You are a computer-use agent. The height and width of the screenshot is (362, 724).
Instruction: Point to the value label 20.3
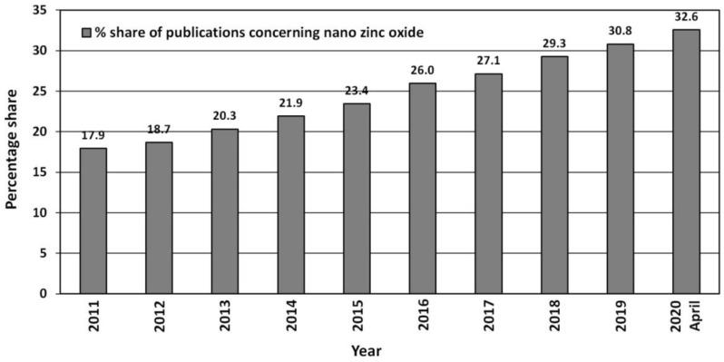[x=224, y=119]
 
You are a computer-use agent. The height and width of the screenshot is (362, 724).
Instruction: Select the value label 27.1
[x=488, y=64]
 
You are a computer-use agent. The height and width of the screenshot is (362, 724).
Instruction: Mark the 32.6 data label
[x=686, y=19]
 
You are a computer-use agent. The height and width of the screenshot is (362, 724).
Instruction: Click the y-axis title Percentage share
[x=13, y=151]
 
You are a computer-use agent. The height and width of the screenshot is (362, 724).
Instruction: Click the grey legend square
[x=86, y=33]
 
